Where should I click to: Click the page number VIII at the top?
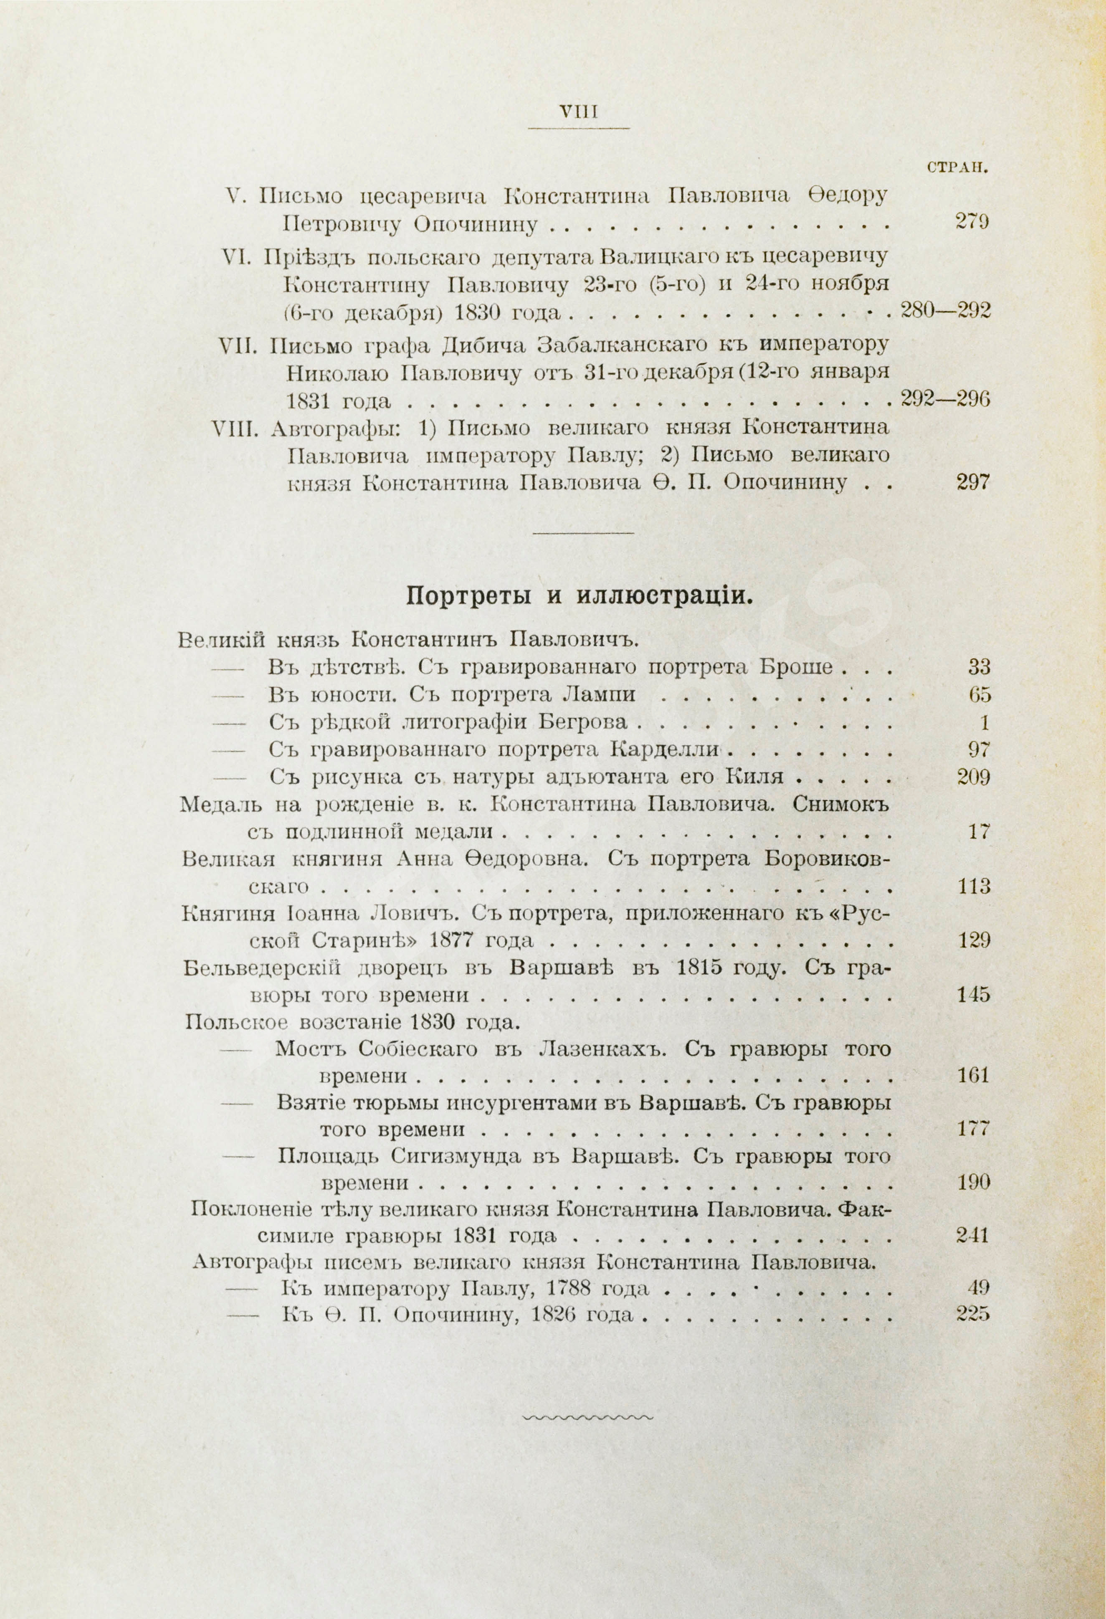coord(579,111)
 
